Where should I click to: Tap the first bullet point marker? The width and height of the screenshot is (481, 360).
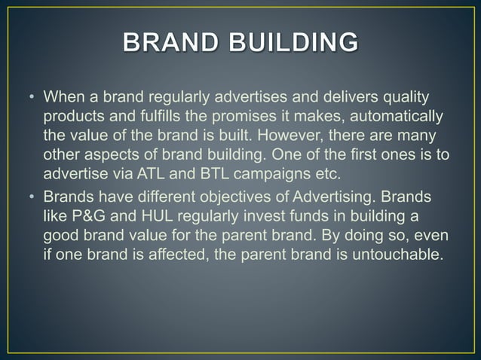coord(32,98)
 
